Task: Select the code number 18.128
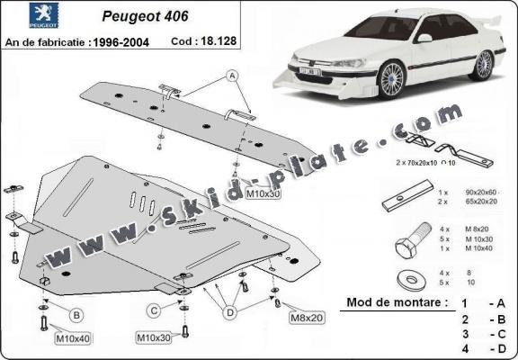[212, 42]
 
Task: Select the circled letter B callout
[76, 314]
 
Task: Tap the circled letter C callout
[154, 312]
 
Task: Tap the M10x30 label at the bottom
[153, 337]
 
